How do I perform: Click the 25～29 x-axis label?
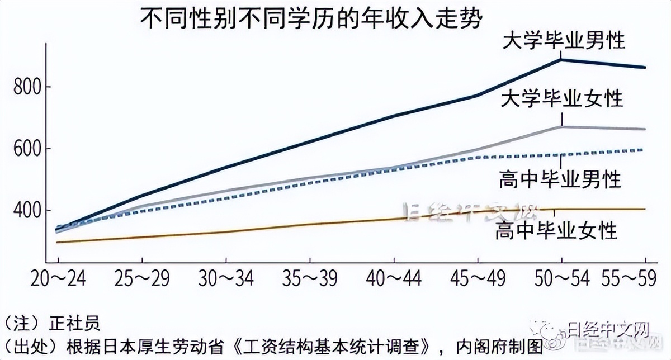[142, 278]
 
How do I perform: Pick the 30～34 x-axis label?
[226, 278]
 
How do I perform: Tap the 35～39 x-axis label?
[310, 278]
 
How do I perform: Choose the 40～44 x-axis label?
[394, 278]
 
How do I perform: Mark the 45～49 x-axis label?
[478, 278]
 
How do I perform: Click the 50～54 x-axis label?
[561, 278]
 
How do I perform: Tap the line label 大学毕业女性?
[561, 99]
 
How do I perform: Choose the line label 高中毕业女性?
[556, 230]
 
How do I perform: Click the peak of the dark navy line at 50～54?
[561, 59]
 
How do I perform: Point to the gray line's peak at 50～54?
[561, 127]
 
